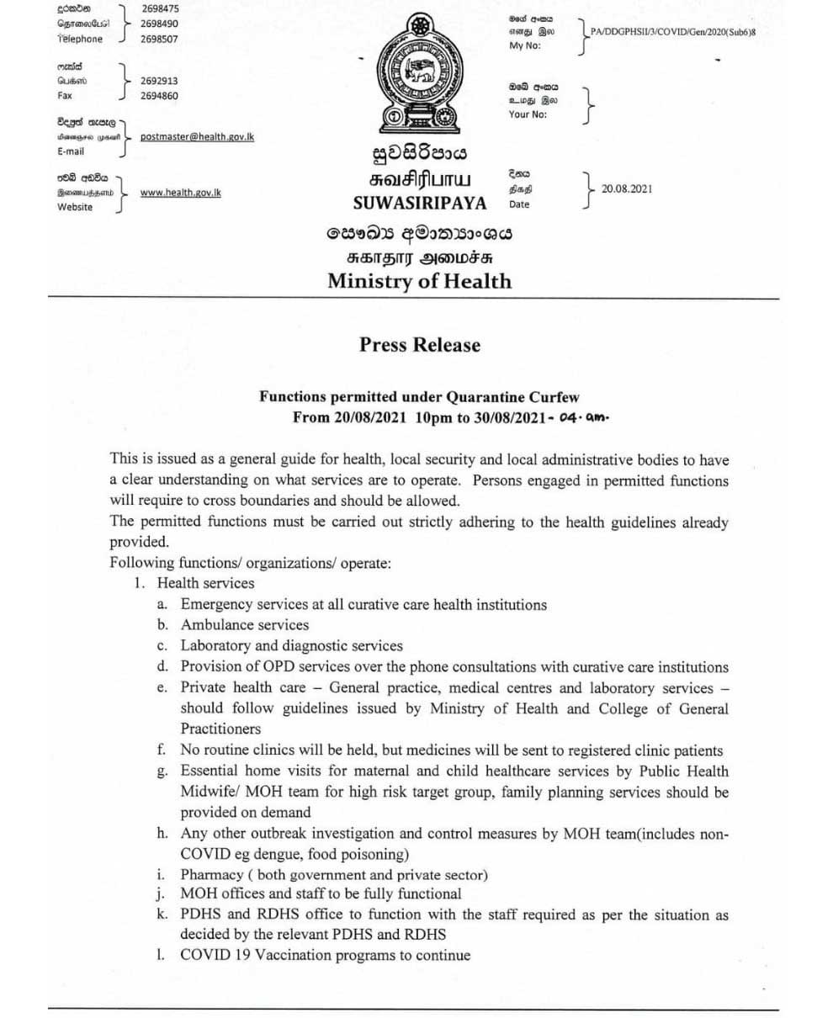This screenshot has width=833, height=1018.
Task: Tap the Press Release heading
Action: [420, 345]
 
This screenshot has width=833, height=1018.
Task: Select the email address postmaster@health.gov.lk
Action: [197, 136]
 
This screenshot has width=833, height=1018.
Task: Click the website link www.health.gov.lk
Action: [180, 193]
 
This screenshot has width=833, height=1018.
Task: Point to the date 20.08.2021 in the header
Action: [626, 188]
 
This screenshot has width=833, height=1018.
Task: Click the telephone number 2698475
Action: [159, 8]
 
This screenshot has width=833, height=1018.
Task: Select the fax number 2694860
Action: [159, 96]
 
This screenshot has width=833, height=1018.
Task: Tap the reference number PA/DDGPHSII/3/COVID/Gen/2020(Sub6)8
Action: [667, 32]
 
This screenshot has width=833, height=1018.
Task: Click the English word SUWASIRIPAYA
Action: [420, 203]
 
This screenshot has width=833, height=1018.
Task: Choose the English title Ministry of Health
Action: [419, 281]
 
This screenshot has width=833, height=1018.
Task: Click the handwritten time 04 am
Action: [582, 417]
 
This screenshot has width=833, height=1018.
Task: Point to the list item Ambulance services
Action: [244, 624]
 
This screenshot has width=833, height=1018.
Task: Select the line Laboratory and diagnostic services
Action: [291, 645]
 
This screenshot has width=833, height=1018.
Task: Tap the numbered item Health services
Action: [205, 582]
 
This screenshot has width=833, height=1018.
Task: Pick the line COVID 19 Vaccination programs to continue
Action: [325, 955]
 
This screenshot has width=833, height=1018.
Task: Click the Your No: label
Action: [528, 114]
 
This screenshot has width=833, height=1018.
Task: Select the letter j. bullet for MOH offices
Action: [162, 894]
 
